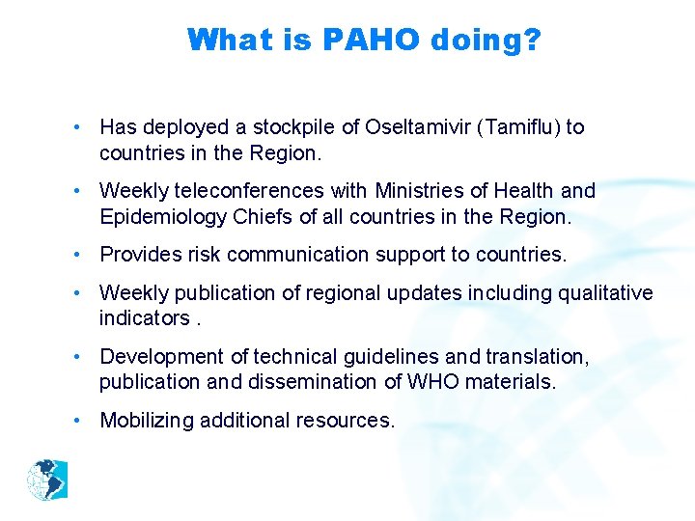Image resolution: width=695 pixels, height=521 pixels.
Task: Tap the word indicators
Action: (x=143, y=317)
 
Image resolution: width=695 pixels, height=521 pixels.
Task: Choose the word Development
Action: (x=158, y=357)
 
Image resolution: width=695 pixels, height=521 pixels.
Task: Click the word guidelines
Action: (x=384, y=357)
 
